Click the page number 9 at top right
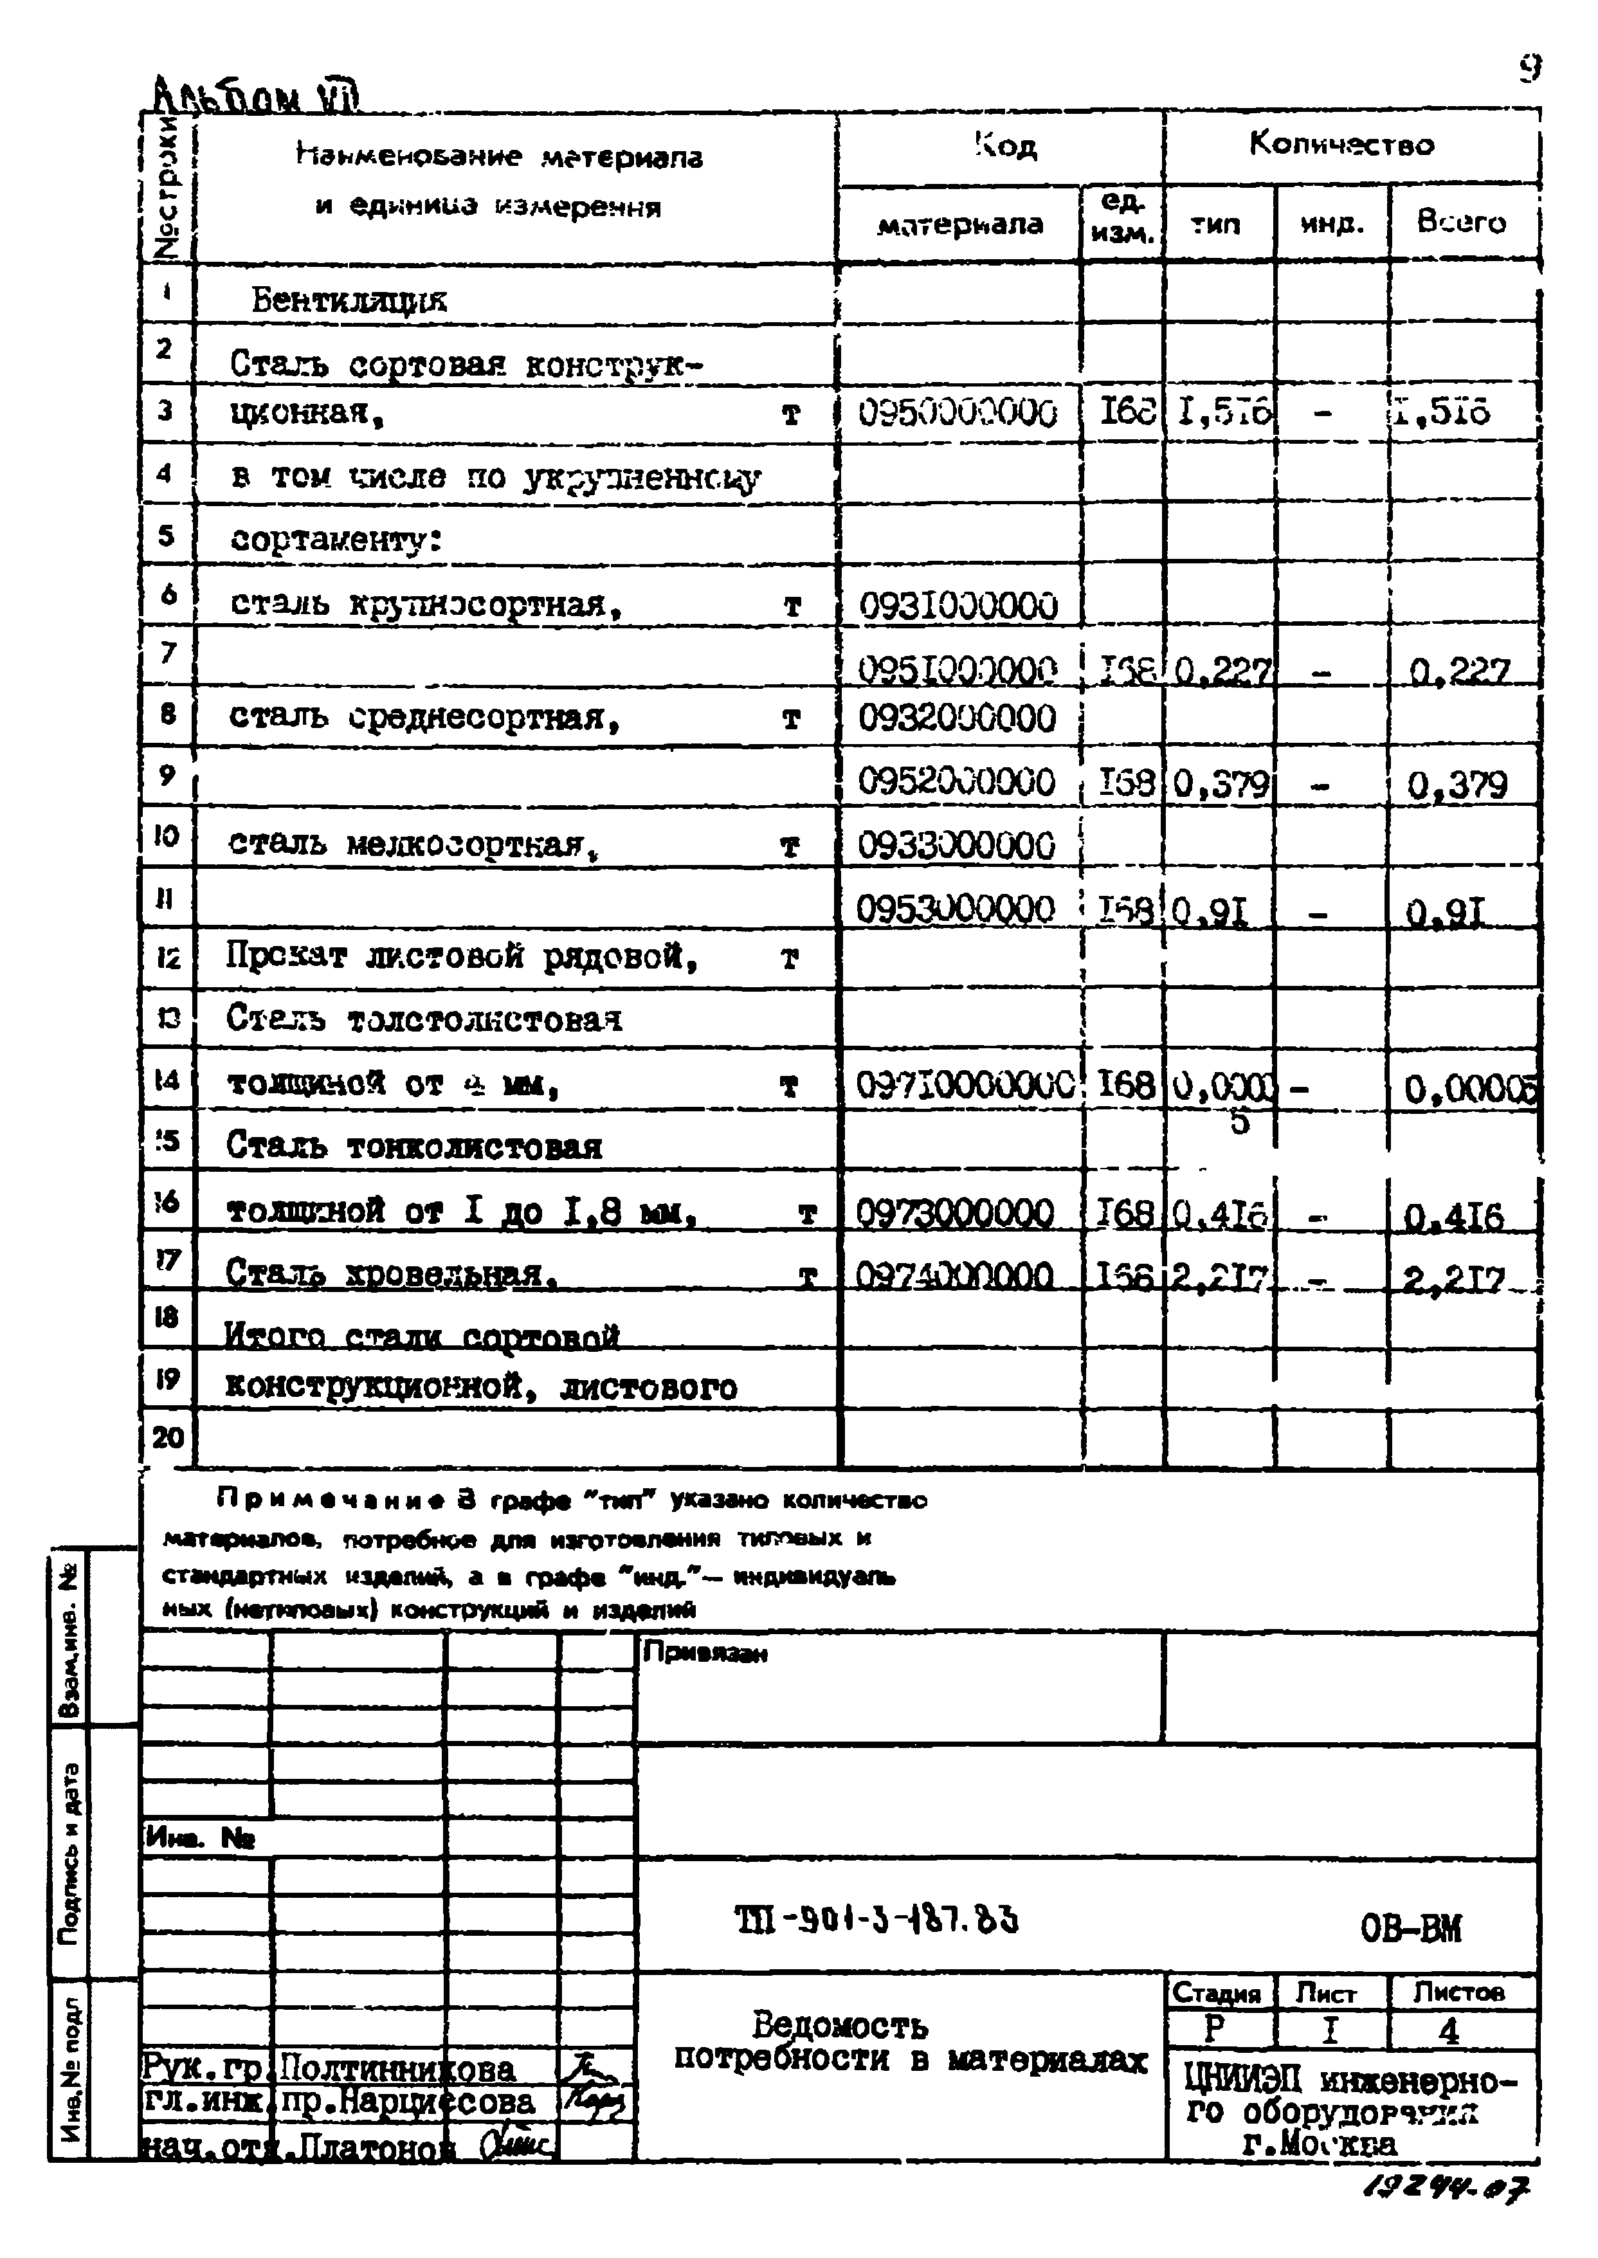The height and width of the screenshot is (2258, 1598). point(1528,69)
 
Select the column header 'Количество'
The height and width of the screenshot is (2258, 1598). point(1341,145)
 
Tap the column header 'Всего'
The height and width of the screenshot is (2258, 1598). point(1460,223)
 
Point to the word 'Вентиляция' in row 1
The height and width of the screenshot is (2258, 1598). point(349,299)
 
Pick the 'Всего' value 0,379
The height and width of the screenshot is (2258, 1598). point(1457,784)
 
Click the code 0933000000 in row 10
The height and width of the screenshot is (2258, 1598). point(956,845)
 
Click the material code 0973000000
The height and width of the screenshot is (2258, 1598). point(954,1212)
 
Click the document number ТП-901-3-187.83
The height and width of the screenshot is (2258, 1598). point(876,1918)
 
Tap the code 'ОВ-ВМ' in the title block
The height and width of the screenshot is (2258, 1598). point(1410,1929)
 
